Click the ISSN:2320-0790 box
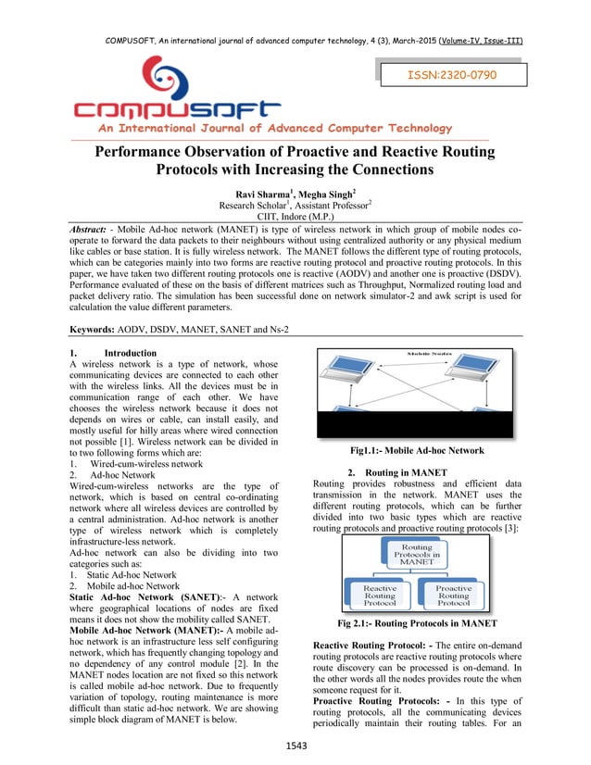(453, 73)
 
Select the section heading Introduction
(130, 353)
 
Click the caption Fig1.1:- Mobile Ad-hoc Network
(416, 450)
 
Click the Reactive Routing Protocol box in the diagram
(380, 595)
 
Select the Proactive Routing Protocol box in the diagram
(453, 595)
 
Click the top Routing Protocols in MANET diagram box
(417, 555)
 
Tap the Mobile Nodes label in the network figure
(434, 354)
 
